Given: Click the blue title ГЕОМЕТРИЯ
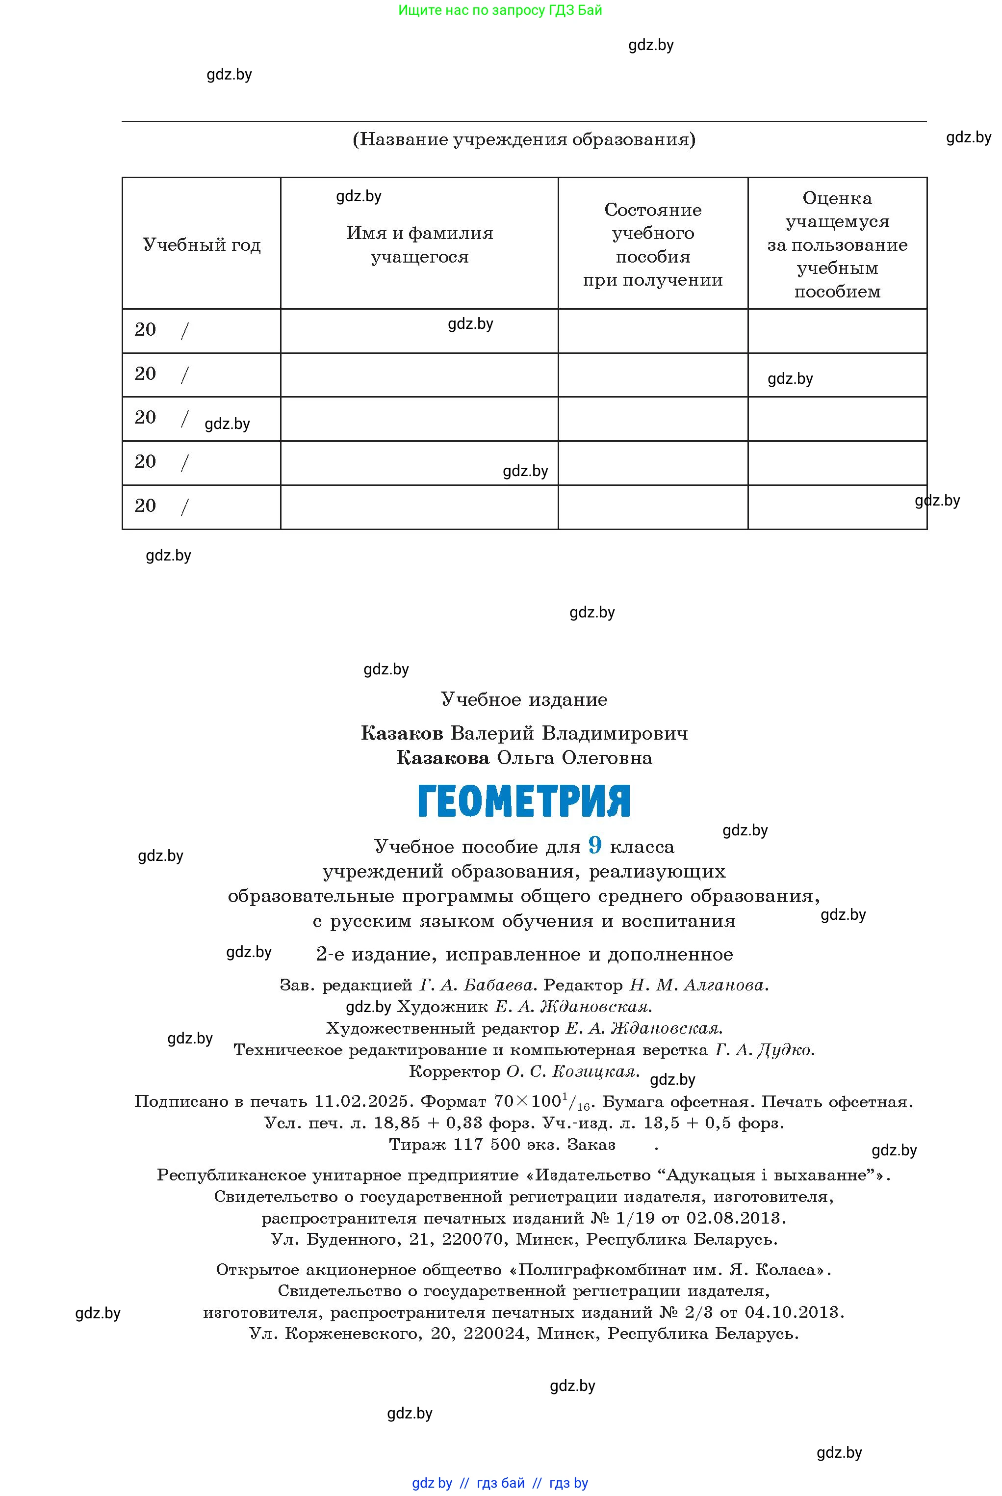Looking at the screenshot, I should pos(524,801).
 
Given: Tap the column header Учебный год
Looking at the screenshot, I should pos(201,245).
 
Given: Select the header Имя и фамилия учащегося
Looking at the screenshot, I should pos(419,245).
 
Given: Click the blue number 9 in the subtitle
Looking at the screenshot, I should pos(595,845).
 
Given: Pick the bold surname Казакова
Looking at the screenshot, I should pos(443,758).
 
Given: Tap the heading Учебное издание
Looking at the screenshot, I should pos(524,699).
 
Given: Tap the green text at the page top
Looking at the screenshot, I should pos(500,10).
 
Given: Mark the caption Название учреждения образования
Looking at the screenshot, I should pos(524,139).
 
